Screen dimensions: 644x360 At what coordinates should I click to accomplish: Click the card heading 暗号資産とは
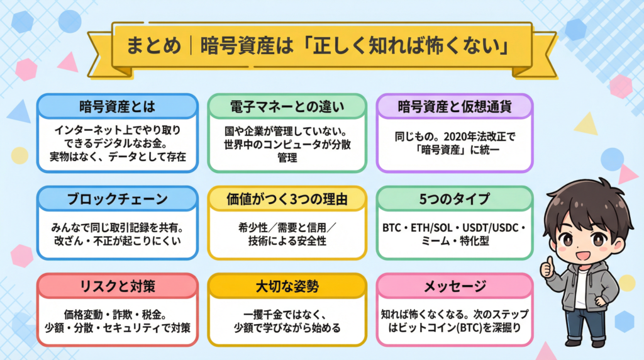point(118,107)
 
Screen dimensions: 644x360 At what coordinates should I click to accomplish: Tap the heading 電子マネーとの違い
point(287,107)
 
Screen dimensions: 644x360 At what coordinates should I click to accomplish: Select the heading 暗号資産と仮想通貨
point(455,107)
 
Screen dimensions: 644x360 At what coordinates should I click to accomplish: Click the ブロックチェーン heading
point(118,199)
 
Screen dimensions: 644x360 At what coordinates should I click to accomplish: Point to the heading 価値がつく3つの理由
point(287,199)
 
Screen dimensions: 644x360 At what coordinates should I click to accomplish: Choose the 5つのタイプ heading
point(455,199)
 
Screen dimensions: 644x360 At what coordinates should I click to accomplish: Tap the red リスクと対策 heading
point(118,286)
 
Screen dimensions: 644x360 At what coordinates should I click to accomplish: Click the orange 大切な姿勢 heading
point(287,286)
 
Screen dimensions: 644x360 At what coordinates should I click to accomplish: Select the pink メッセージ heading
point(455,286)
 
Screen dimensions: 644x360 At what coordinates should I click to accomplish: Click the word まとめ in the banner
point(153,45)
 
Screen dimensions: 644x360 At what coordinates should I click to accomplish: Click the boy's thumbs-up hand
point(547,266)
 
